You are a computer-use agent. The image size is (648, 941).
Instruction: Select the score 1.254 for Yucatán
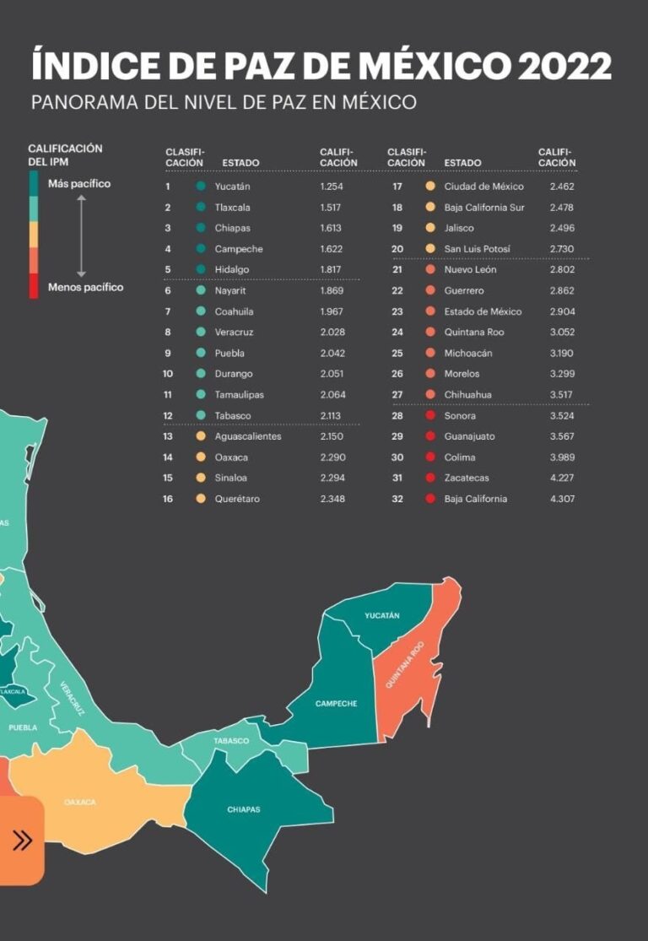332,187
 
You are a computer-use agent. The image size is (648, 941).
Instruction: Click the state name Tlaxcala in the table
233,208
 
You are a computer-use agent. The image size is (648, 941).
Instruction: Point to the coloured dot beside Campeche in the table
201,249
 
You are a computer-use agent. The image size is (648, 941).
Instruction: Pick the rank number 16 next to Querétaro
168,499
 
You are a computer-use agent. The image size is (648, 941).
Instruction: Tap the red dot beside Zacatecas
430,479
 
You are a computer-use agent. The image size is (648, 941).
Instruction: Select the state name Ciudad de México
483,187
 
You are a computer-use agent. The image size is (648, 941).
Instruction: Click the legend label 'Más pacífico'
79,184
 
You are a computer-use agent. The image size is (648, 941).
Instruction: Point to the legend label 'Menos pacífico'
85,288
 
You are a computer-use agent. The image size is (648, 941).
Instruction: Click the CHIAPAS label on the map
244,809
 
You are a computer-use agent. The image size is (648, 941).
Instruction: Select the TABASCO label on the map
231,741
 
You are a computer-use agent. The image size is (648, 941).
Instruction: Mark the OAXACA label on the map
80,802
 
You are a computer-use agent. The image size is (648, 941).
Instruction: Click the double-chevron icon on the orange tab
23,840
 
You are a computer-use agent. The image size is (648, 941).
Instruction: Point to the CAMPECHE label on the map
336,704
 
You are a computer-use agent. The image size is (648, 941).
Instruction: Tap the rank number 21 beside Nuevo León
397,270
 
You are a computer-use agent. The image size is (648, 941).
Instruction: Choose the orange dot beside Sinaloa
201,479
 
